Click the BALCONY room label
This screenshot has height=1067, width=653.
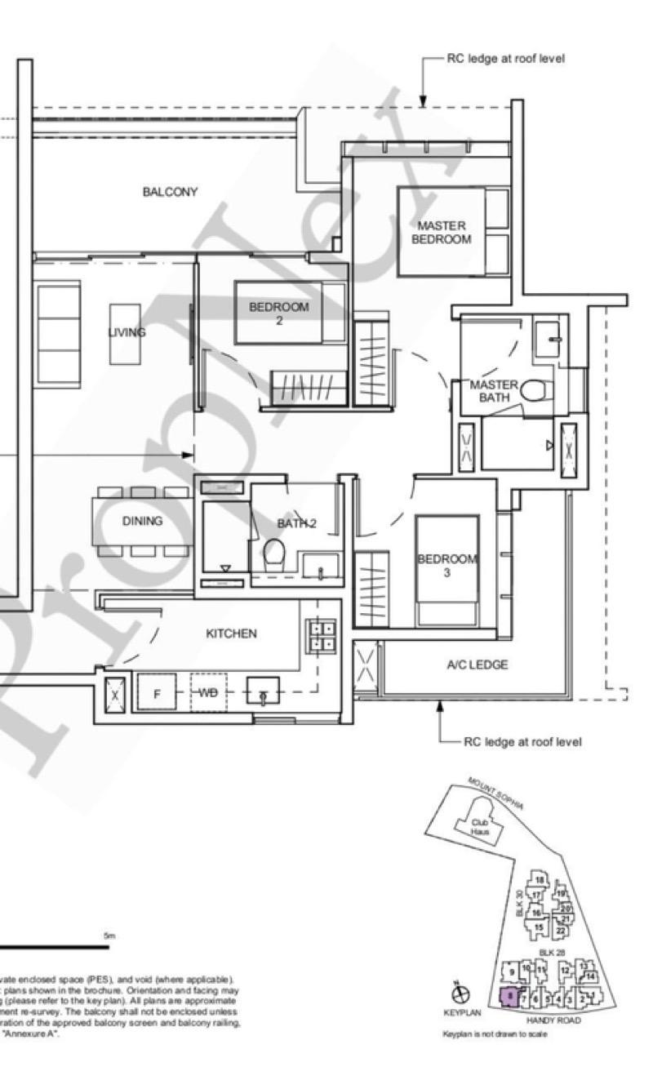click(170, 193)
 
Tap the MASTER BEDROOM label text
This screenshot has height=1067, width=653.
click(441, 233)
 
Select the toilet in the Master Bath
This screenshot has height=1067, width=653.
click(535, 393)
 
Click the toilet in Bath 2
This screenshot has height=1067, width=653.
click(273, 554)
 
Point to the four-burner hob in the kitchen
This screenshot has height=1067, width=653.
click(321, 636)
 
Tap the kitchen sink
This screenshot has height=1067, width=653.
click(263, 692)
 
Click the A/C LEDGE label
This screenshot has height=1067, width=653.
click(478, 665)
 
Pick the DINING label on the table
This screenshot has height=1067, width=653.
click(143, 521)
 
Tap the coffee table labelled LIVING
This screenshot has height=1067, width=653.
click(126, 333)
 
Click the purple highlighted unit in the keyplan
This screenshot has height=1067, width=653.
click(509, 996)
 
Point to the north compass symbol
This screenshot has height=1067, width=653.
click(462, 994)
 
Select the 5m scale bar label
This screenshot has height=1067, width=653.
click(109, 936)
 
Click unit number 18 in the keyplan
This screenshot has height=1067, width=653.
click(540, 880)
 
